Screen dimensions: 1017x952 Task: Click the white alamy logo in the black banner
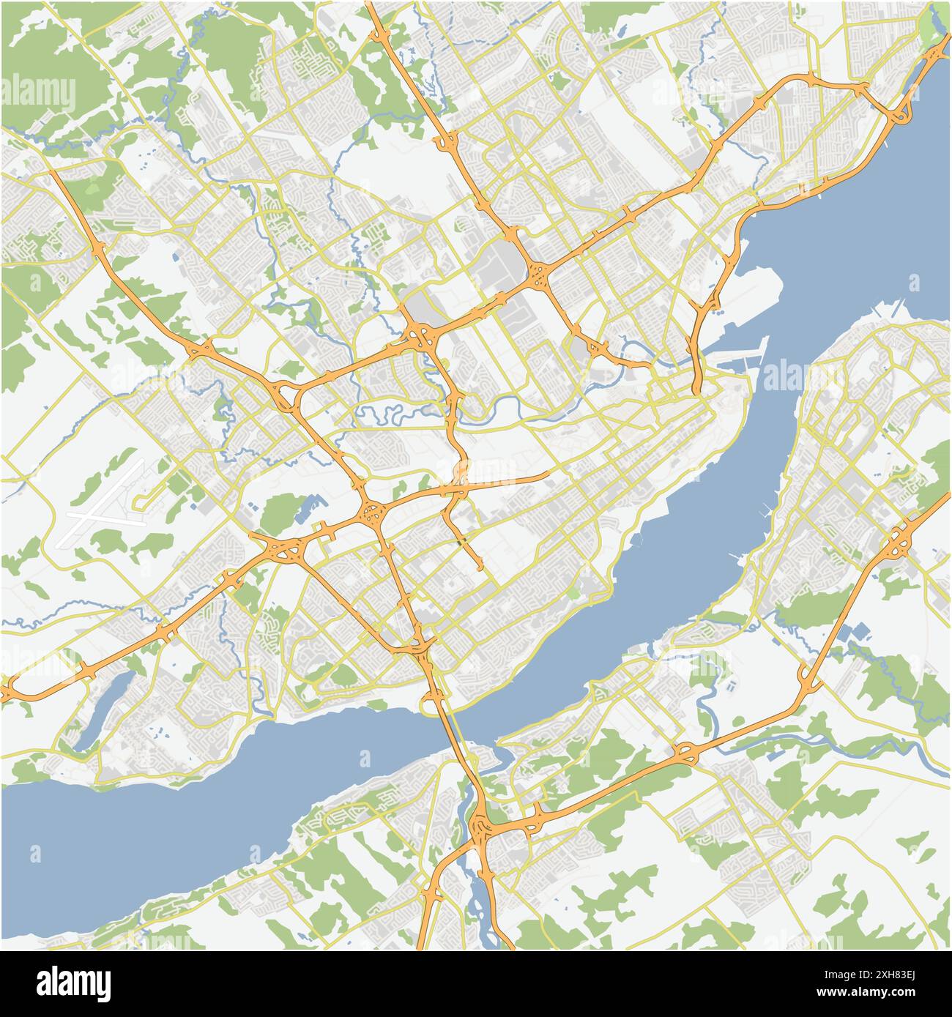tap(74, 983)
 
